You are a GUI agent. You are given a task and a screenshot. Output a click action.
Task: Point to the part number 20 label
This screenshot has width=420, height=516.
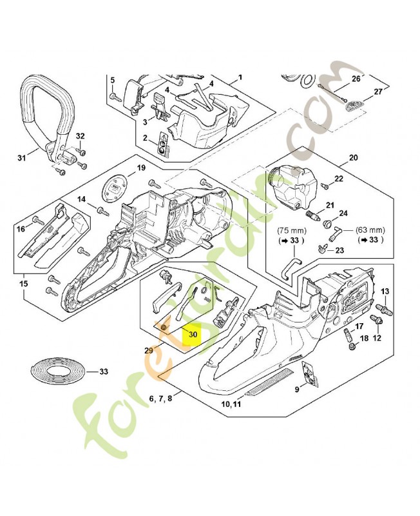352,158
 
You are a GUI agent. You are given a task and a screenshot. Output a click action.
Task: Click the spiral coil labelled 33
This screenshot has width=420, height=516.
59,372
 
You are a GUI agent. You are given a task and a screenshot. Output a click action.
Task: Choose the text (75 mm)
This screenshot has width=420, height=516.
291,230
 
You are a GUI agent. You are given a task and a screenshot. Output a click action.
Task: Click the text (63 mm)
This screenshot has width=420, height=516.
369,230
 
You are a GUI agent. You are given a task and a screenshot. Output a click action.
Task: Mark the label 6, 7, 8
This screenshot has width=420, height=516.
160,399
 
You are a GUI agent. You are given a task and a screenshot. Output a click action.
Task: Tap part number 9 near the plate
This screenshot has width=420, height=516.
296,389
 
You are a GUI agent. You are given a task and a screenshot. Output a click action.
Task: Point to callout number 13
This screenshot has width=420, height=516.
385,292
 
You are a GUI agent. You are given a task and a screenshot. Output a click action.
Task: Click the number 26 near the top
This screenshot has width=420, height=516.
356,79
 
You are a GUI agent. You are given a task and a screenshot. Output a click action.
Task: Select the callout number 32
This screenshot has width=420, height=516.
80,136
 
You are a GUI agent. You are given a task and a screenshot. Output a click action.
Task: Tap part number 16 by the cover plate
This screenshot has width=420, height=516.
20,229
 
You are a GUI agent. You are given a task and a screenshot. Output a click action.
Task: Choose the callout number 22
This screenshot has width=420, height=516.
339,179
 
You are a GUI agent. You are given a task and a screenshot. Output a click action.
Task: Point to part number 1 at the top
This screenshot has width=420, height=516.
240,77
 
